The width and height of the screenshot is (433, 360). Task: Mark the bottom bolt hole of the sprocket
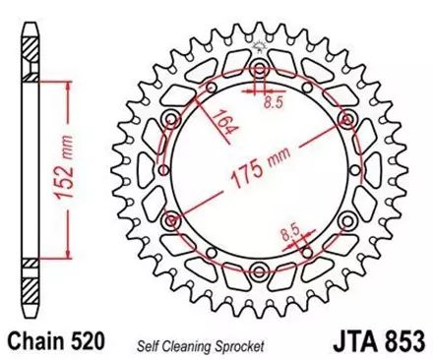pyautogui.click(x=259, y=271)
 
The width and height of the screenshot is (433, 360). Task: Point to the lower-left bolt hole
pyautogui.click(x=171, y=220)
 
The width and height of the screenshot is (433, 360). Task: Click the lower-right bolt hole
pyautogui.click(x=346, y=220)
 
